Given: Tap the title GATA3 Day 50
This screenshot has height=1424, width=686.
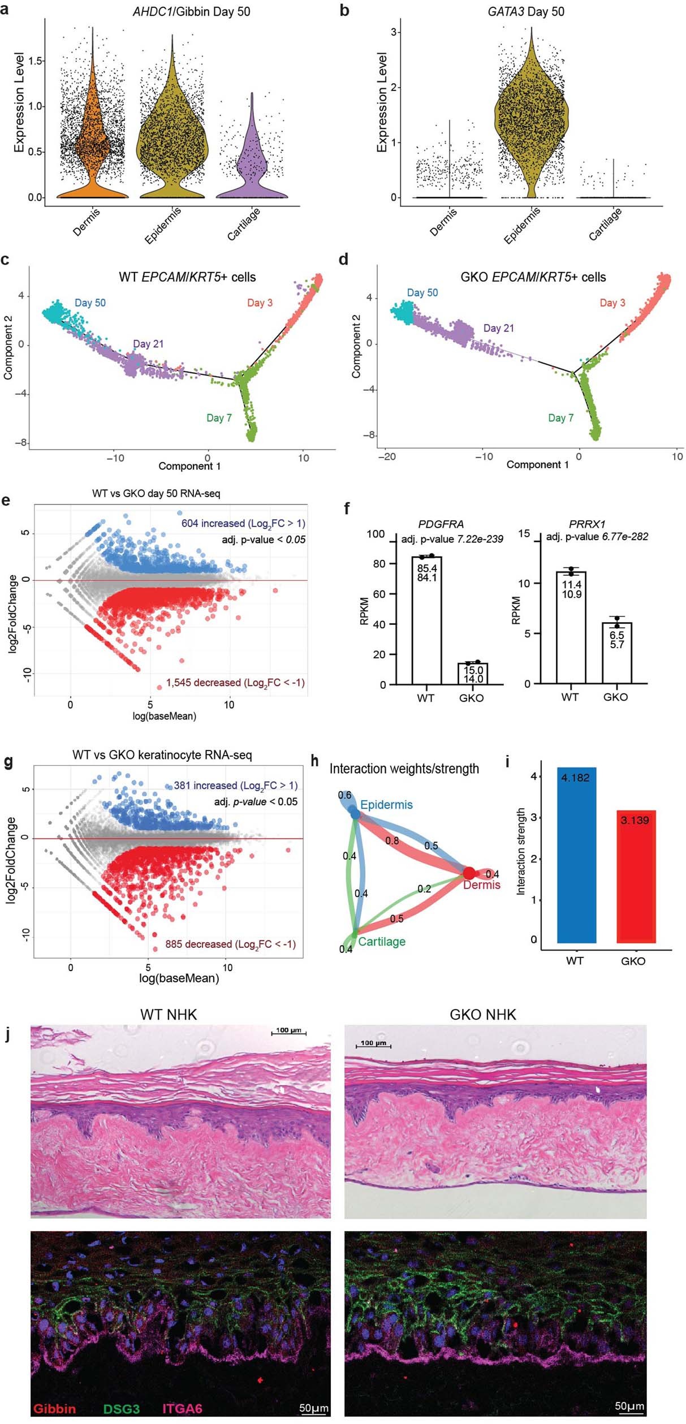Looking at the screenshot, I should coord(525,11).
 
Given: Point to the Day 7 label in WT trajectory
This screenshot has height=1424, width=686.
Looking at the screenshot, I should coord(219,418).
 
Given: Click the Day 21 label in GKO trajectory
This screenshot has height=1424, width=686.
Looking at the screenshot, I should coord(498,328).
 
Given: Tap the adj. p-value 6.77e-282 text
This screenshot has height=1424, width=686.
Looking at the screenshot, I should coord(597,536).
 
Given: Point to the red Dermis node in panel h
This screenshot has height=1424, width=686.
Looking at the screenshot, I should coord(469,873).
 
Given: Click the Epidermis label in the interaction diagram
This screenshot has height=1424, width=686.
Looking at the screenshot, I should coord(386,805).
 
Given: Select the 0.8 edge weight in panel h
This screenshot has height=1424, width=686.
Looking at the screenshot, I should coord(392,841).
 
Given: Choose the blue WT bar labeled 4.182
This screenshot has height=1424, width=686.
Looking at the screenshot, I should coord(575,860).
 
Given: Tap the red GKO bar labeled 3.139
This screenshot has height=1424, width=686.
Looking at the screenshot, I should coord(636,882).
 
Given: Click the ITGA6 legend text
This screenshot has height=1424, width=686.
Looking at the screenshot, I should coord(182,1408).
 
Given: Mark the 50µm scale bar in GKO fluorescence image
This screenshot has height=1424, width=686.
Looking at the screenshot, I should coord(629,1407).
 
